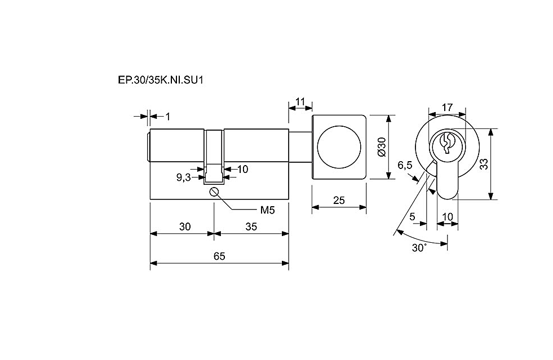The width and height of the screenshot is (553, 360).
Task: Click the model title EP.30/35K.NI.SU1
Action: (x=161, y=80)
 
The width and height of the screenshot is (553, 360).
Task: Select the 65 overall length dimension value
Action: (x=219, y=256)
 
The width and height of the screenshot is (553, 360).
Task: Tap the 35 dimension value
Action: (x=251, y=226)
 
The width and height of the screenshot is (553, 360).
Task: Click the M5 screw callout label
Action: (x=267, y=211)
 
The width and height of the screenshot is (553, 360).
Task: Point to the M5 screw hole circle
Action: (x=214, y=192)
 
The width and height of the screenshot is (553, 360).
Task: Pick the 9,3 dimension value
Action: (x=183, y=177)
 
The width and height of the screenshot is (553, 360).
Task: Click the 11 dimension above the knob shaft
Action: (x=300, y=102)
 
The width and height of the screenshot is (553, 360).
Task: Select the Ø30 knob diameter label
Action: (x=382, y=146)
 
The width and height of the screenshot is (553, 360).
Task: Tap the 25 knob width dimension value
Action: (x=339, y=200)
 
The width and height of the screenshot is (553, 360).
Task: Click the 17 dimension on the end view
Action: (x=447, y=107)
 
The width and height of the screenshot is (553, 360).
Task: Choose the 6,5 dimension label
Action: (x=405, y=165)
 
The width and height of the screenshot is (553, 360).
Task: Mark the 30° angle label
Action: (x=419, y=248)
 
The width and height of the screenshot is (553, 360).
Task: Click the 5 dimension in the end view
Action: (x=412, y=216)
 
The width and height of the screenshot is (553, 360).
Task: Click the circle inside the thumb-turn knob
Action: (x=339, y=146)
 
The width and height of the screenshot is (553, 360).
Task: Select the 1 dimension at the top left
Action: (x=167, y=117)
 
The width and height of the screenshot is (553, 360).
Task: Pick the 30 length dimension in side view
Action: (x=185, y=226)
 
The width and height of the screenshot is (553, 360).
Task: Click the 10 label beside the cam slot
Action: (x=242, y=169)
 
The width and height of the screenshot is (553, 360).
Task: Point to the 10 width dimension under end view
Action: (x=447, y=216)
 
